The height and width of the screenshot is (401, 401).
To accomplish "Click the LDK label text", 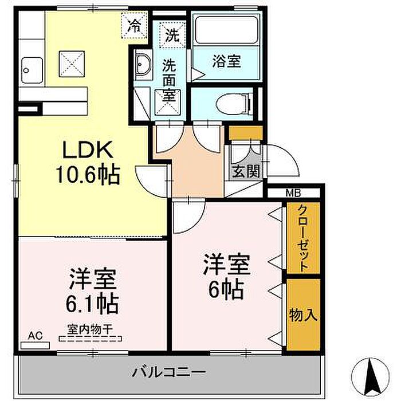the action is coord(88,150).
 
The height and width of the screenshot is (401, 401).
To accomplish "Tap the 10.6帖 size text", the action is coord(88,175).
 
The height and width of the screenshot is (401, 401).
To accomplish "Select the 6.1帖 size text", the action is coord(92,304).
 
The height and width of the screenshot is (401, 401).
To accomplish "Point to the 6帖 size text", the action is coord(226,289).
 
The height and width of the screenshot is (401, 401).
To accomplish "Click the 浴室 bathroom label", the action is coord(227,62).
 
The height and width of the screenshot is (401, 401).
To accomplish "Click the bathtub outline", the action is coord(226,30).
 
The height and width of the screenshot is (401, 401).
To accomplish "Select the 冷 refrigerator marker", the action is coord(134,26).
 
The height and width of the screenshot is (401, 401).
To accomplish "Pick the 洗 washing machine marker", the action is coord(172,35).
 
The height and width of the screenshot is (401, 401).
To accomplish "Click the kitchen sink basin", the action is coord(32,70).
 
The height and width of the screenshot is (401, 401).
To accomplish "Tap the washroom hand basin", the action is coord(143,64).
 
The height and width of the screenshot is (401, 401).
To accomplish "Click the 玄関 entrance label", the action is coord(246,171).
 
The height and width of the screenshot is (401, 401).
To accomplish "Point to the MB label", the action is coord(293,193).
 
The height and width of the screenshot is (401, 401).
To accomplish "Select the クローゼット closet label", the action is coord(303,238).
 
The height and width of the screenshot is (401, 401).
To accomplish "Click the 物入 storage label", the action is coord(303,314).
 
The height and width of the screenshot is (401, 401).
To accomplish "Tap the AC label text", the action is coord(36,336).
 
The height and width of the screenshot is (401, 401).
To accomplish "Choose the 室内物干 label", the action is coord(90,329).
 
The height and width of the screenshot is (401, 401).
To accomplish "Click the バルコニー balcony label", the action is coord(169,372).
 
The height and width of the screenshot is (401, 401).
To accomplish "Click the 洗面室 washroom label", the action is coord(170,80).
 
